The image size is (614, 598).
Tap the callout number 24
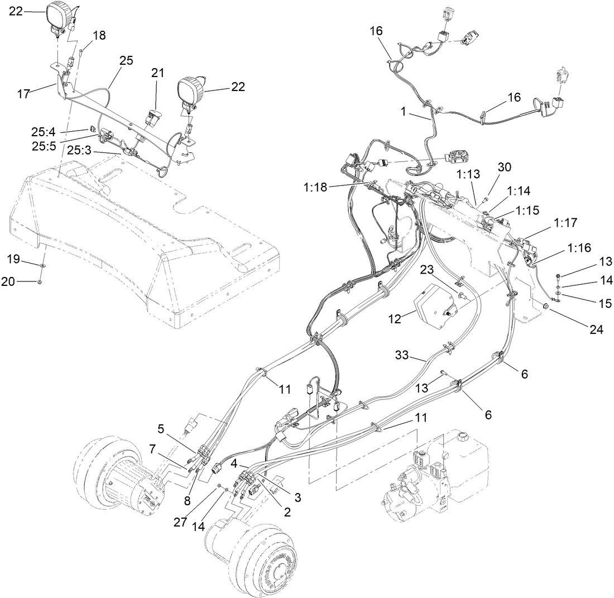click(596, 329)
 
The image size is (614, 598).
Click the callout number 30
click(505, 167)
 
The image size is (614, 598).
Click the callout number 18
click(98, 36)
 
